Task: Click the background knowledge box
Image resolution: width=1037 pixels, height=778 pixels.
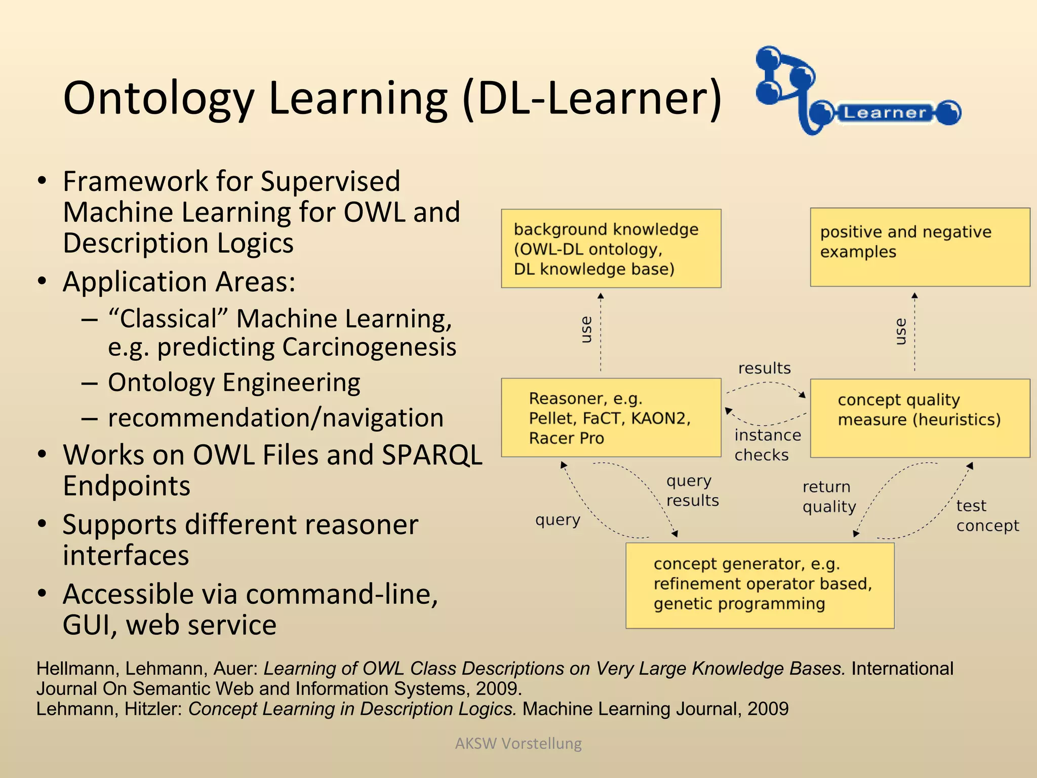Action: [611, 248]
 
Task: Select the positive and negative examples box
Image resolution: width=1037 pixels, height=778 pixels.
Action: [920, 247]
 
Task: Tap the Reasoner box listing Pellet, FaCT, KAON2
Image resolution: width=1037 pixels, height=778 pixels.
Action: [611, 418]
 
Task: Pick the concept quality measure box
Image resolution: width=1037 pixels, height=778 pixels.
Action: [920, 418]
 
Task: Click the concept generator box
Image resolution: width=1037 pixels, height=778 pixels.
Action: [760, 585]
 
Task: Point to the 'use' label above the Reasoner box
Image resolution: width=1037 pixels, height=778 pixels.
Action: [586, 330]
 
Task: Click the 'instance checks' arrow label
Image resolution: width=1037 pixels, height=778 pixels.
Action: [767, 445]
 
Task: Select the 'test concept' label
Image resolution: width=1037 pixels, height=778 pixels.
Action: [986, 516]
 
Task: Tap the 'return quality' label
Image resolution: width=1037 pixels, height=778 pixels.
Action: [828, 496]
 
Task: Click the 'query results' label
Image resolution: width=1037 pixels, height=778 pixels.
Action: [692, 490]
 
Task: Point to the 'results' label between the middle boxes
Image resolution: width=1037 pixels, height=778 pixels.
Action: [764, 368]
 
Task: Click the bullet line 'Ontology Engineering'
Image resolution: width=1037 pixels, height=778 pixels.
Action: [234, 382]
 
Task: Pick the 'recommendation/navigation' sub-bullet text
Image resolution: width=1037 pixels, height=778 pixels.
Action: [275, 418]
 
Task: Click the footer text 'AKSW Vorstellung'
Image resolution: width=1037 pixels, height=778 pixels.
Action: [518, 743]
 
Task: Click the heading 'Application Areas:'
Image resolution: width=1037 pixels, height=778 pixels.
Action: [179, 282]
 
